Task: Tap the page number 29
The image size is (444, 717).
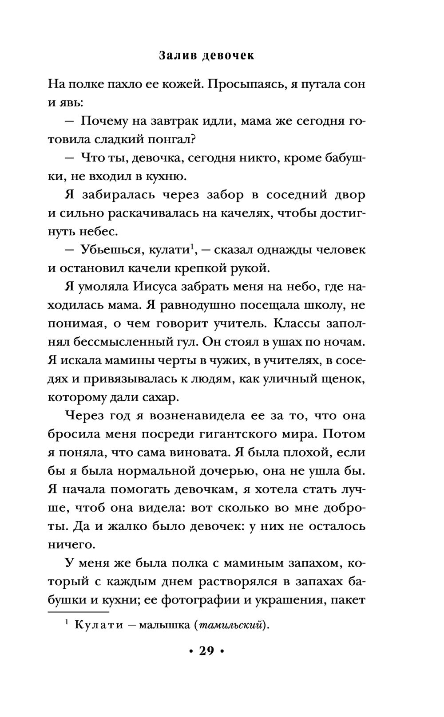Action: pyautogui.click(x=206, y=651)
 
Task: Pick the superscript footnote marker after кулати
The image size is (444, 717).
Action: pyautogui.click(x=192, y=246)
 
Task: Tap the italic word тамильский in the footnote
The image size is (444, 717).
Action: pyautogui.click(x=230, y=626)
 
